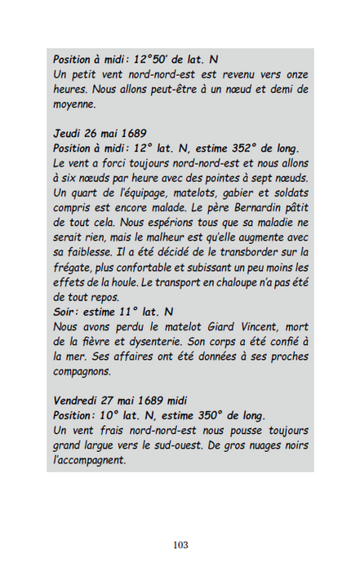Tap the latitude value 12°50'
(150, 60)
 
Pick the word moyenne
(76, 104)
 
